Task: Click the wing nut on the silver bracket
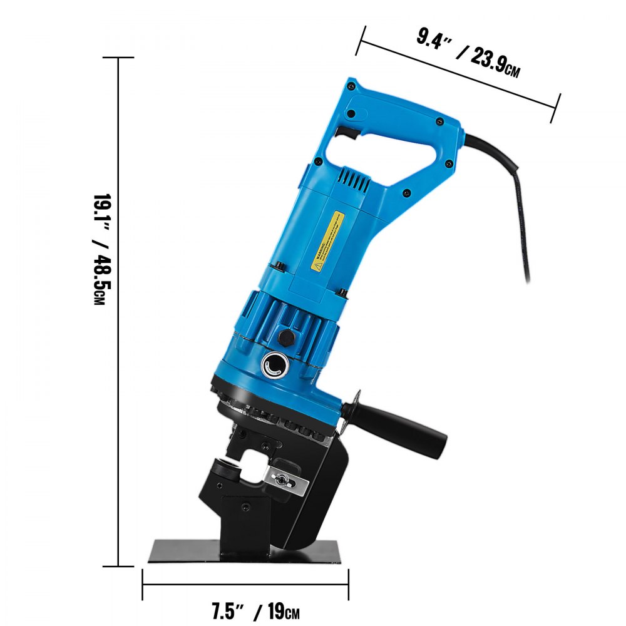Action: tap(285, 481)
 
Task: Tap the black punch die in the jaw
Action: tap(225, 469)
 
